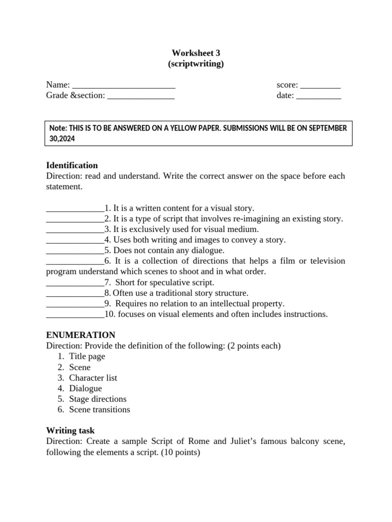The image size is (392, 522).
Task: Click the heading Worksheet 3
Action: point(196,53)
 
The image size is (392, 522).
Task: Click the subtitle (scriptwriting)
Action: point(196,64)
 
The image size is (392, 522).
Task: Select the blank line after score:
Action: point(320,85)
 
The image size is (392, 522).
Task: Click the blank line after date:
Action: point(318,96)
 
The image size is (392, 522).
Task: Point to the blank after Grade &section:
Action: point(141,96)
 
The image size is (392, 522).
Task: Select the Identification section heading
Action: point(72,165)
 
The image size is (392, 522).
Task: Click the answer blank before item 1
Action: point(75,208)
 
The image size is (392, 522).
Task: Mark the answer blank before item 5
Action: point(75,250)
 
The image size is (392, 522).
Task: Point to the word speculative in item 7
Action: point(159,282)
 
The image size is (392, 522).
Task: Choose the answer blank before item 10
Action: point(75,314)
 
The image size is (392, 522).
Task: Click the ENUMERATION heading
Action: point(81,335)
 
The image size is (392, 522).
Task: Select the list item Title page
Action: point(87,356)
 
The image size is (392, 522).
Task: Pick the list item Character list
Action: point(93,378)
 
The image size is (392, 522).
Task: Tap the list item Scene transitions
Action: point(100,409)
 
